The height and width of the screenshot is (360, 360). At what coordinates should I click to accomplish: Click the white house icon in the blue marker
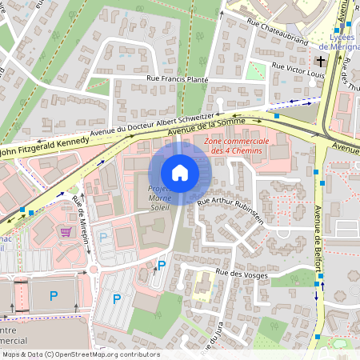180,173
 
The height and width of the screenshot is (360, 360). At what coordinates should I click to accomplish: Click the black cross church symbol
321,61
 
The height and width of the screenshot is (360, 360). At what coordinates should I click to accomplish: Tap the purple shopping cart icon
66,231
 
